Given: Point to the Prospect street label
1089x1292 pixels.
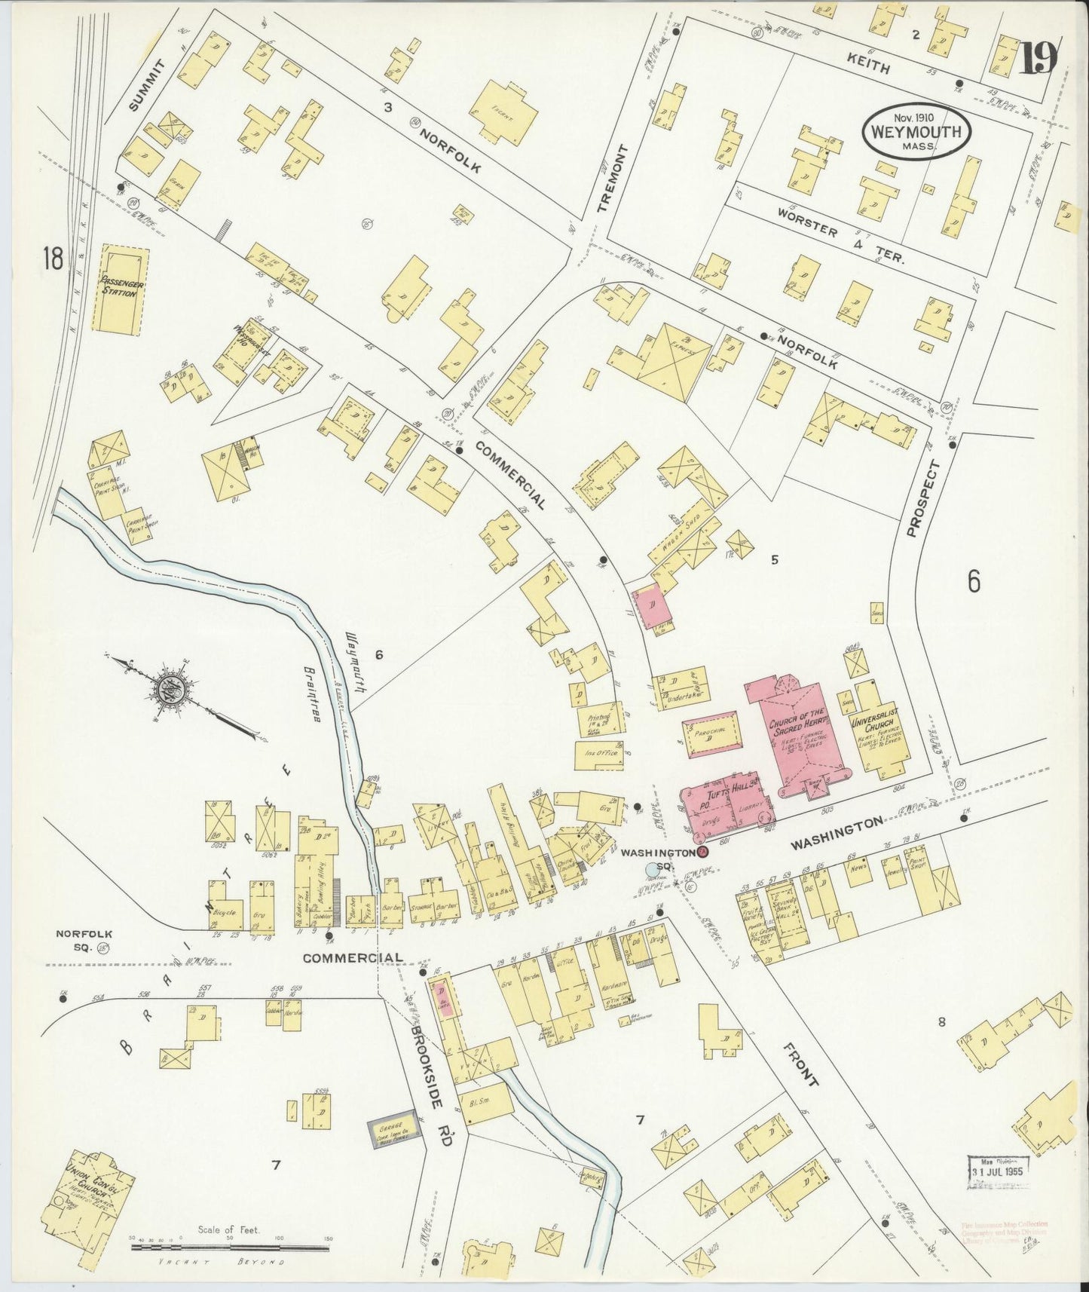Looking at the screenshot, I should pos(924,498).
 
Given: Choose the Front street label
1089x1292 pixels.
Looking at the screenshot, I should pos(800,1064).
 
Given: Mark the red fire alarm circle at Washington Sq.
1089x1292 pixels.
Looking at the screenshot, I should pos(702,852).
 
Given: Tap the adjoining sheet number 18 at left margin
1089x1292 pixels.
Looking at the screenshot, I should pos(53,259).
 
